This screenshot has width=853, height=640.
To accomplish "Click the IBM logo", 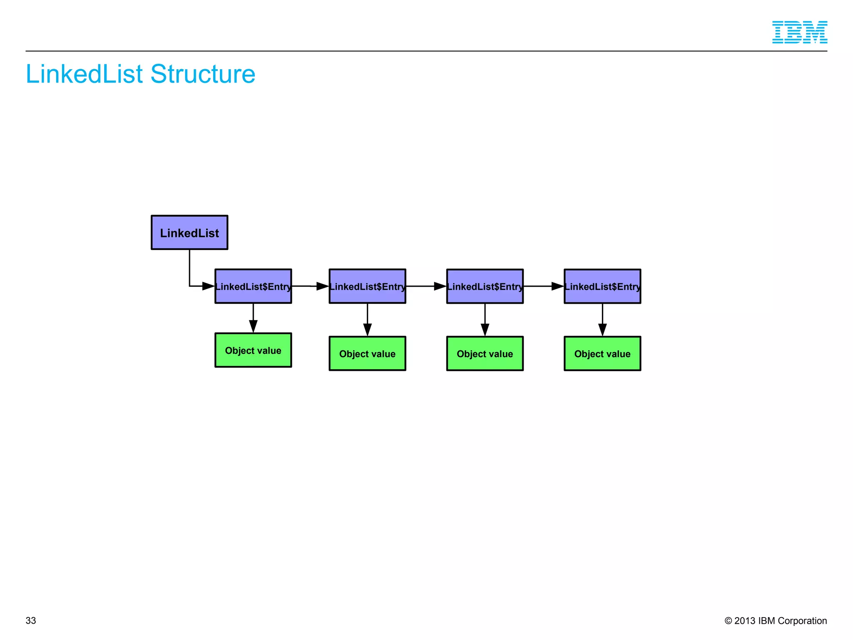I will pos(799,32).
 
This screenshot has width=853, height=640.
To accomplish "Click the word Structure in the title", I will pos(202,74).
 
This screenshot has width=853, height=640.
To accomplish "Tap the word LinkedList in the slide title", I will pos(84,74).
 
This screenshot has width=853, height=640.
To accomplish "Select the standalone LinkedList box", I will pos(190,232).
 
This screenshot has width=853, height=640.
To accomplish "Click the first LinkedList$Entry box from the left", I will pos(253,286).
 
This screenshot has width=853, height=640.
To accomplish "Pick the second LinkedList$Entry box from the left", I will pos(367,286).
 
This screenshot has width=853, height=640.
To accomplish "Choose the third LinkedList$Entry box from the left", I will pos(485,286).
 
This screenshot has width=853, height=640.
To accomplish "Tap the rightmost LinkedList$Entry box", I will pos(602,286).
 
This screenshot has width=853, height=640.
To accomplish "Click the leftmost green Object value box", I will pos(253,350).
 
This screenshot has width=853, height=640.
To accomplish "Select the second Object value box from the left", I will pos(367,353).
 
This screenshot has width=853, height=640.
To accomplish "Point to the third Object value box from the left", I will pos(485,353).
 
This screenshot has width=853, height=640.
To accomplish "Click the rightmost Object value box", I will pos(602,353).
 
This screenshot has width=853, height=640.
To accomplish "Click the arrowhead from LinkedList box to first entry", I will pos(208,286).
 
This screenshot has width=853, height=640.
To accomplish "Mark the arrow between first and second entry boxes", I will pos(310,286).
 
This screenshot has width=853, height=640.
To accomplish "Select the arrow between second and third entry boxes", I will pos(426,286).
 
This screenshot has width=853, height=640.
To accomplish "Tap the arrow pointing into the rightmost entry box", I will pos(544,286).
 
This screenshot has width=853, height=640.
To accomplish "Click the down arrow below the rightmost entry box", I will pos(602,321).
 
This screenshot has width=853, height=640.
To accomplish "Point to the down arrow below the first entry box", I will pos(253,319).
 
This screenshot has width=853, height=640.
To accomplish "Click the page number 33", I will pos(31,620).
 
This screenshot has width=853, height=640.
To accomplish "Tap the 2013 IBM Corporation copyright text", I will pos(776,620).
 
